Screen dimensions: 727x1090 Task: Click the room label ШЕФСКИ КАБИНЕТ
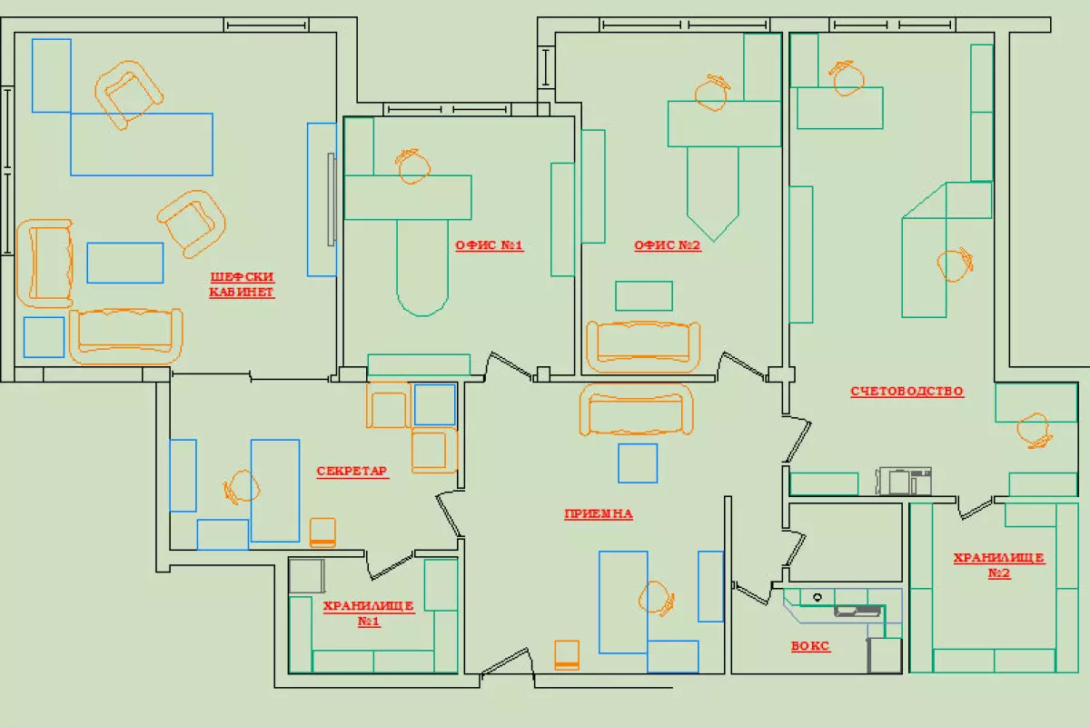[x=242, y=284]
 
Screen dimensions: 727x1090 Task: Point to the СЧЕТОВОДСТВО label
[x=907, y=392]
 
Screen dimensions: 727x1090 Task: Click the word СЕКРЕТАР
[x=352, y=471]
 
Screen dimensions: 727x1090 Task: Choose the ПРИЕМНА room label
[x=598, y=513]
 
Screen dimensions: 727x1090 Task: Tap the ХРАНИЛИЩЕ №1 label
[x=368, y=613]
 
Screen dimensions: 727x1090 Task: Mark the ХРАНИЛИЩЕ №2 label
[x=998, y=565]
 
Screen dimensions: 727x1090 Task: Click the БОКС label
[x=809, y=647]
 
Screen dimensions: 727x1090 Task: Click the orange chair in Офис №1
[x=412, y=166]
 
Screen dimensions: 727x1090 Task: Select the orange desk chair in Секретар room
[x=242, y=487]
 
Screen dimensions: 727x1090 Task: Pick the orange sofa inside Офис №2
[x=643, y=346]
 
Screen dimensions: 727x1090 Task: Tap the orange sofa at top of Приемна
[x=637, y=410]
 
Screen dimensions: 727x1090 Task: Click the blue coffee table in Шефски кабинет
[x=124, y=263]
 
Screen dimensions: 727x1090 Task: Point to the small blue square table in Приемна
[x=638, y=463]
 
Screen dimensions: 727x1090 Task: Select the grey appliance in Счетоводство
[x=904, y=480]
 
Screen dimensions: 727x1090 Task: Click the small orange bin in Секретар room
[x=322, y=533]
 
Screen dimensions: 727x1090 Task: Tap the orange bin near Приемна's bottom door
[x=567, y=654]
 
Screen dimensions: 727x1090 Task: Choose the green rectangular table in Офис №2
[x=644, y=296]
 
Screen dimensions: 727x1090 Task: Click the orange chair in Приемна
[x=656, y=597]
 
